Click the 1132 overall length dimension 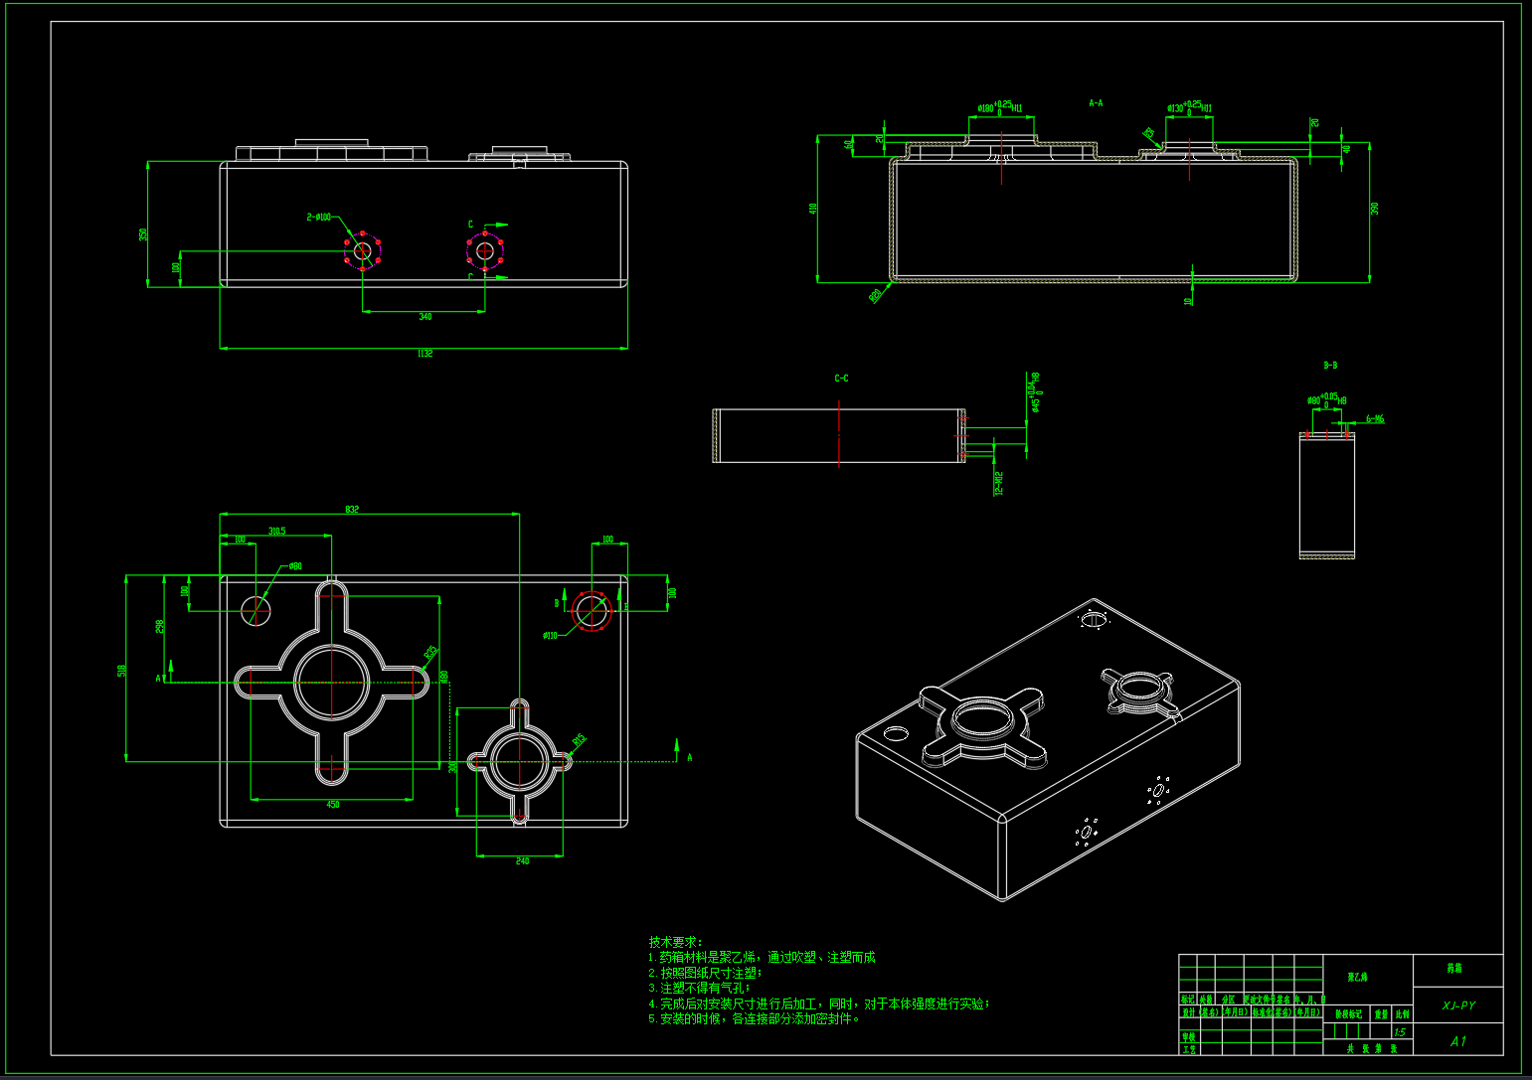coord(425,354)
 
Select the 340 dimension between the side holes coord(425,317)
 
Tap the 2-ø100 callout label coord(319,217)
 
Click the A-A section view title coord(1096,103)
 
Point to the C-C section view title coord(841,379)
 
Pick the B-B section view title coord(1330,366)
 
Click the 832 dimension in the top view coord(352,510)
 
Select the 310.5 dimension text coord(276,532)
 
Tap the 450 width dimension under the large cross coord(332,805)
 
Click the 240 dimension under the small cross coord(522,861)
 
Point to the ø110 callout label coord(550,636)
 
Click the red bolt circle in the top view coord(592,609)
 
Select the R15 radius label coord(579,740)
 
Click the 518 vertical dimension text coord(122,671)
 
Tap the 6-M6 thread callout coord(1374,419)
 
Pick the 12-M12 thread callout coord(998,482)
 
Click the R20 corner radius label coord(876,295)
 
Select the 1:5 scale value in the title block coord(1400,1032)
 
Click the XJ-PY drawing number coord(1458,1005)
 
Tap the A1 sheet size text coord(1458,1041)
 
